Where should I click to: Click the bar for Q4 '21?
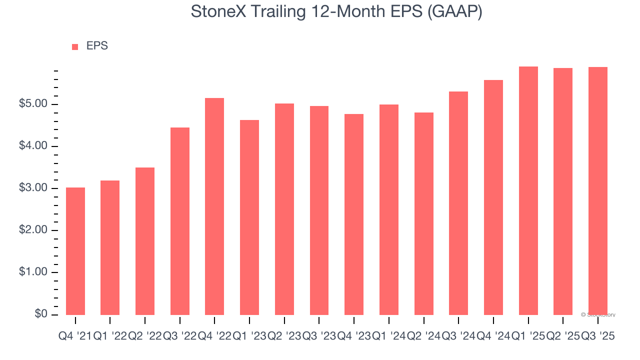coord(75,251)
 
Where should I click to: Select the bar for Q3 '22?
coord(180,221)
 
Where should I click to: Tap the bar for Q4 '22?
coord(214,206)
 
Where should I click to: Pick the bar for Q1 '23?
coord(249,217)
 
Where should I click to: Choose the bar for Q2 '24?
coord(423,213)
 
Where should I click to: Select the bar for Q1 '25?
coord(528,190)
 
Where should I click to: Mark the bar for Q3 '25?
coord(598,190)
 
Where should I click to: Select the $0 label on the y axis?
coord(42,314)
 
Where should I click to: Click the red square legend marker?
coord(75,46)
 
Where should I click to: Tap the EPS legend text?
coord(97,46)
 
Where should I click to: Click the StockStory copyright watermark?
coord(598,315)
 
